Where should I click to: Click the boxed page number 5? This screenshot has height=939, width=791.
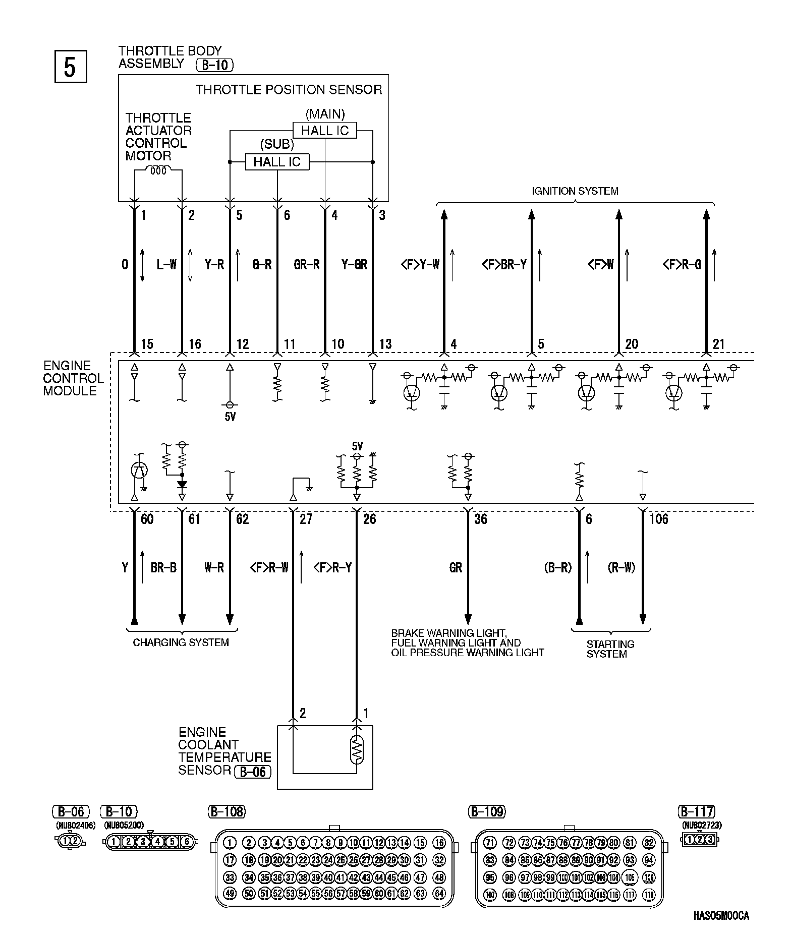[x=70, y=66]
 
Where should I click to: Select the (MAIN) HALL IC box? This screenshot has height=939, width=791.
[x=325, y=131]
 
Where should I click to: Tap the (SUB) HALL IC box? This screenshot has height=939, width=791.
[x=277, y=162]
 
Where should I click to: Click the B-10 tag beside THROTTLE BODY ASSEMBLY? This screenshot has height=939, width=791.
[x=214, y=65]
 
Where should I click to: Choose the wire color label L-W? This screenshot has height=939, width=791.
[x=166, y=264]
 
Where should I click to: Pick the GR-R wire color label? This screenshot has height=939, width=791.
[x=307, y=264]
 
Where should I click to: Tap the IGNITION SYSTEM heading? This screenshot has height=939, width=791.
[x=575, y=191]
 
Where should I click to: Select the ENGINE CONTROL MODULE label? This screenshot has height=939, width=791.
[x=73, y=378]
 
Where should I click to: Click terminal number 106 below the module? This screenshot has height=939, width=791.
[x=659, y=519]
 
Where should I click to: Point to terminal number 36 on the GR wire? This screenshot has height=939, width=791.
[x=481, y=519]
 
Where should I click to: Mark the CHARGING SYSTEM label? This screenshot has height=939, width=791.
[x=181, y=642]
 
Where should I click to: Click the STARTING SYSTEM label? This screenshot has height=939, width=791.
[x=610, y=649]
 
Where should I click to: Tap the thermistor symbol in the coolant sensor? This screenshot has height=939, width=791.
[x=357, y=750]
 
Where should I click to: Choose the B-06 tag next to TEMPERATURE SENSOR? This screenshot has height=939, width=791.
[x=253, y=772]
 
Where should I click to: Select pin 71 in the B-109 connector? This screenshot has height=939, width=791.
[x=490, y=842]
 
